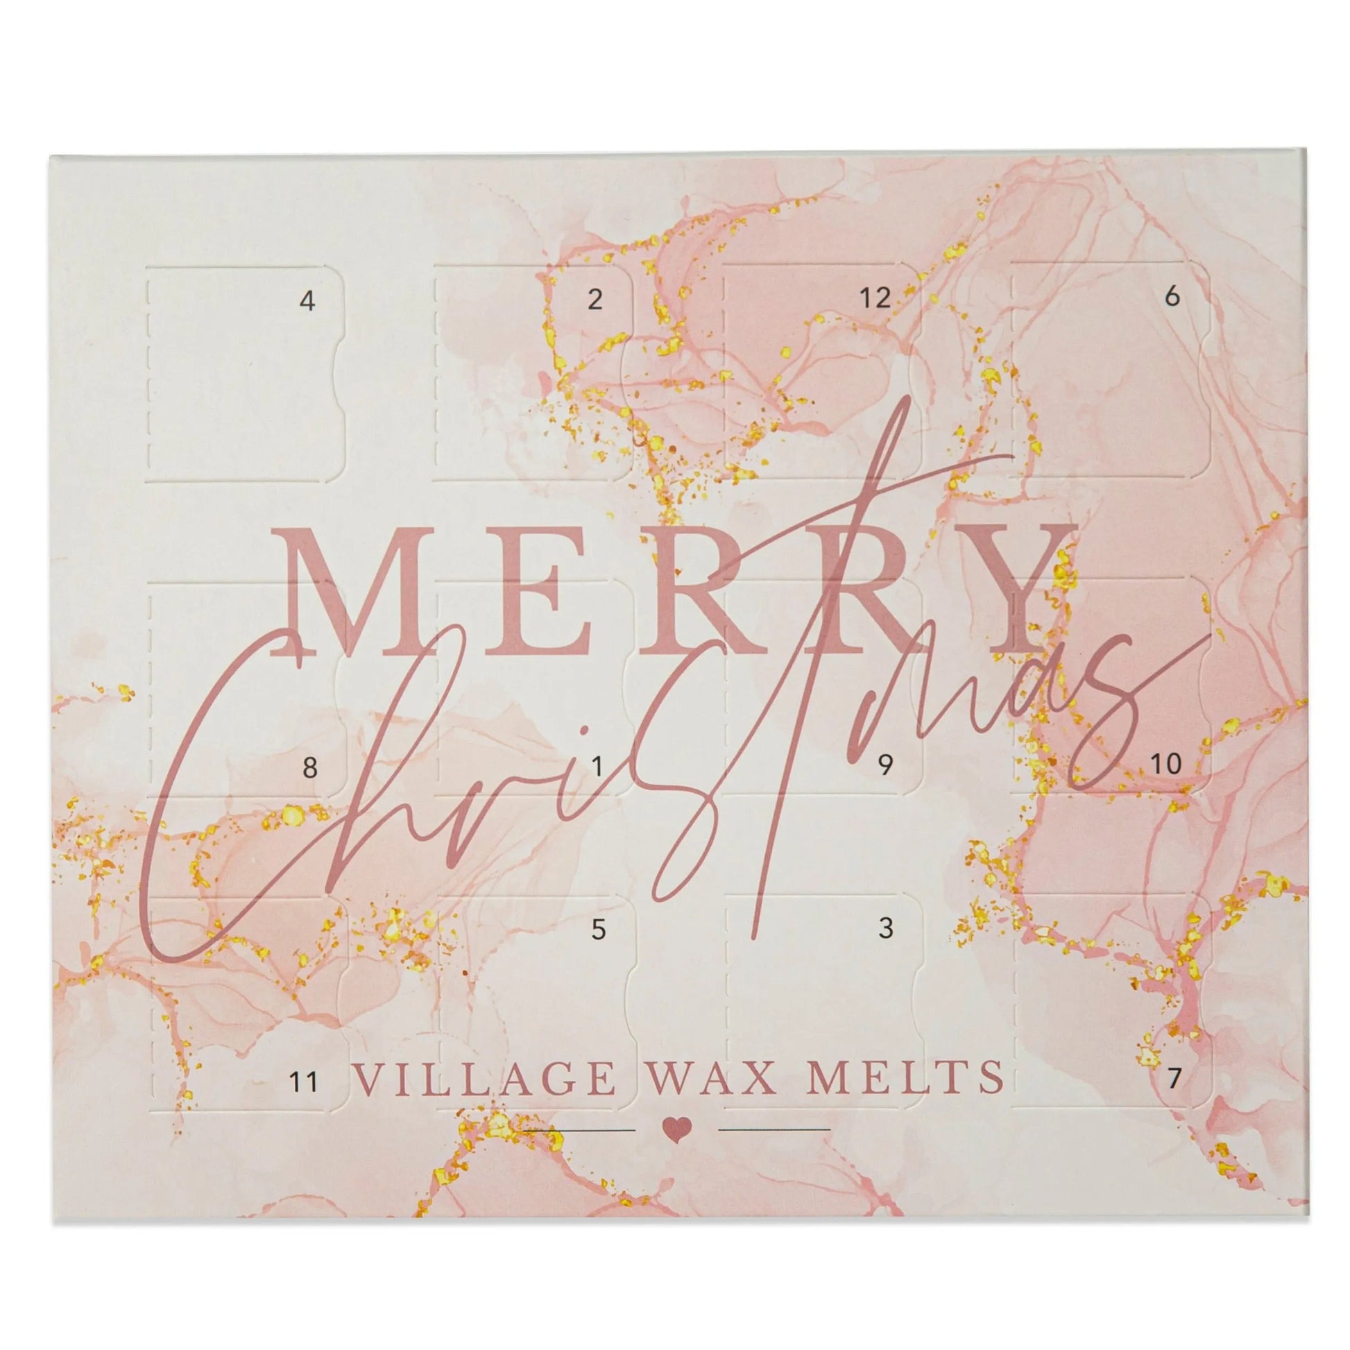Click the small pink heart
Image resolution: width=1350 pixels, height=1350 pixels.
(x=676, y=1129)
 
